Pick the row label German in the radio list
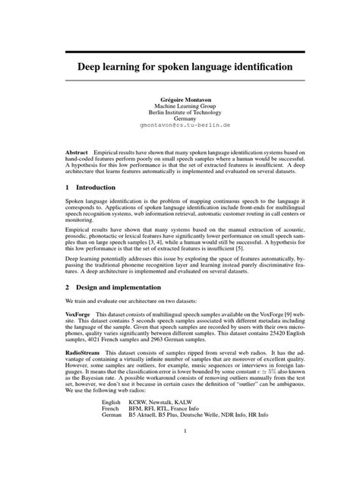pos(112,417)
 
